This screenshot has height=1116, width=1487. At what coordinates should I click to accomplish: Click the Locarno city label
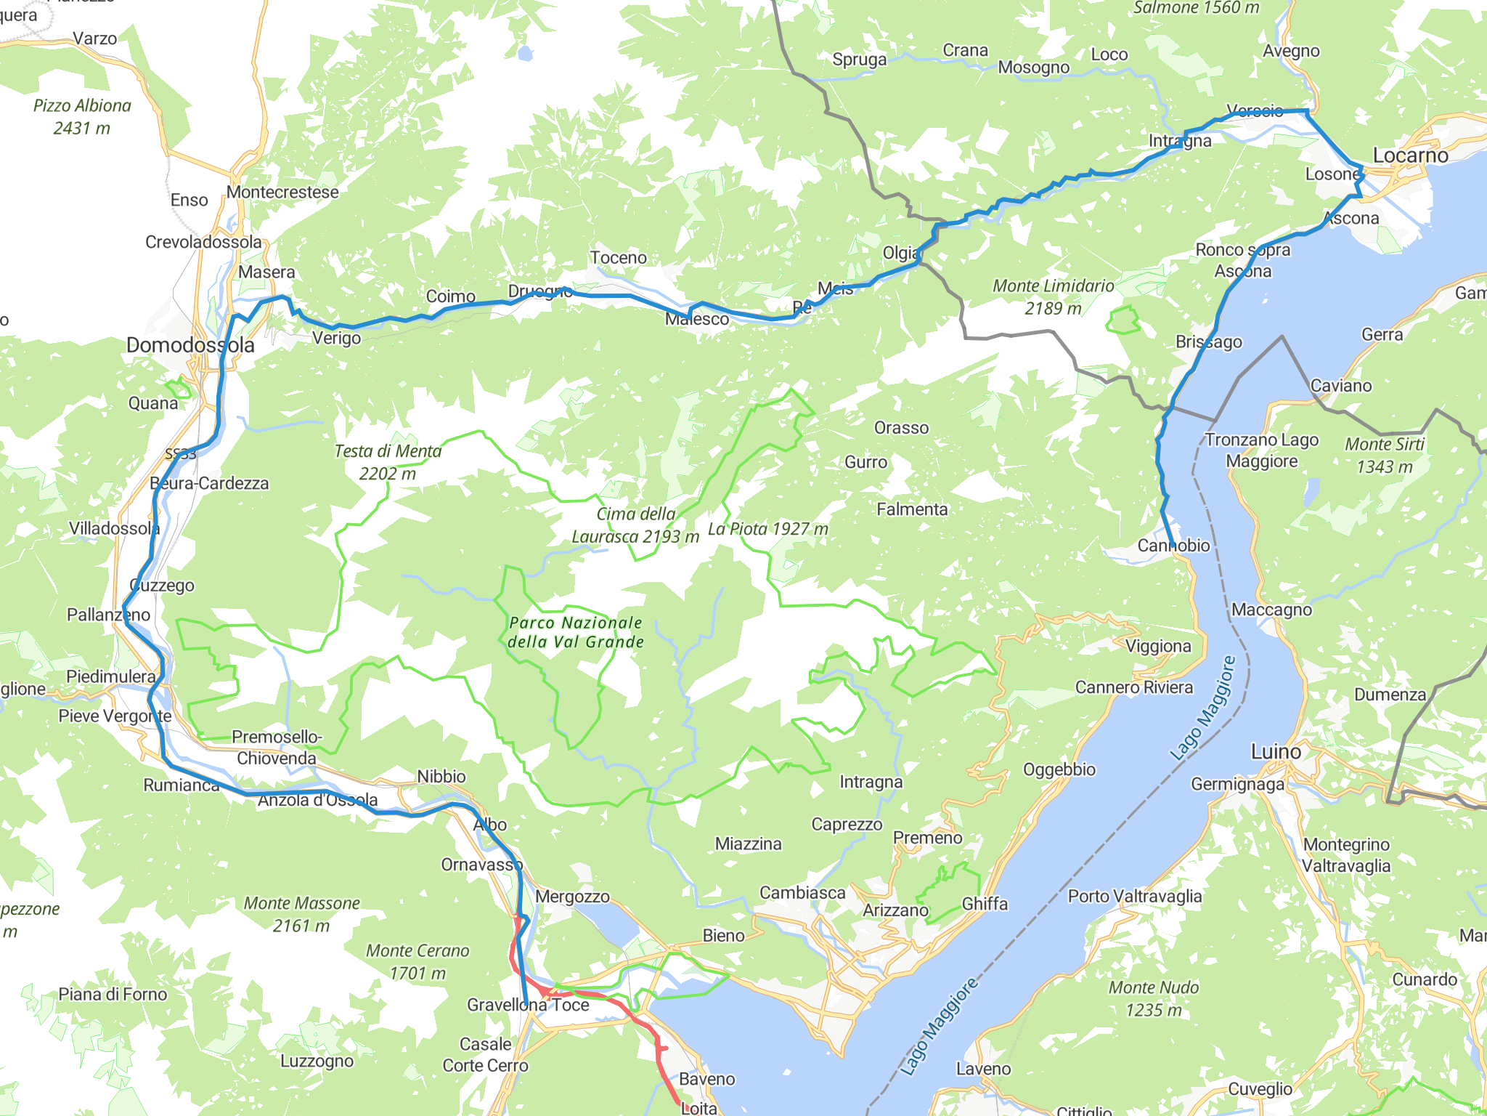[x=1410, y=155]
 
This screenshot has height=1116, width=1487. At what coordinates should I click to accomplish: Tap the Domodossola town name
[x=190, y=345]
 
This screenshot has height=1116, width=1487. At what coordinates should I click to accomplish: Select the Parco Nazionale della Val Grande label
[x=576, y=632]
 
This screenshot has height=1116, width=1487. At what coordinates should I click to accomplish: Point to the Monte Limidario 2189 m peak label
[x=1053, y=296]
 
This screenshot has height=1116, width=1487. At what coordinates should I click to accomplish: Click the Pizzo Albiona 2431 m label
[x=82, y=116]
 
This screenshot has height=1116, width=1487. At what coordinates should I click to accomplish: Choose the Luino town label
[x=1276, y=751]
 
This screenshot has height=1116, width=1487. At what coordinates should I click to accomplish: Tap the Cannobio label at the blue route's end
[x=1173, y=545]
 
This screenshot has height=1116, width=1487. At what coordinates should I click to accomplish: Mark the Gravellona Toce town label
[x=528, y=1005]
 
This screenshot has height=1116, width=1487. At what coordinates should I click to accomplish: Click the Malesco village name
[x=697, y=319]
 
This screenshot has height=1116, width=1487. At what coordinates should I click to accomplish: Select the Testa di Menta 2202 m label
[x=388, y=462]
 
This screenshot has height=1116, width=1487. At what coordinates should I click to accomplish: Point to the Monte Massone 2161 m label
[x=301, y=914]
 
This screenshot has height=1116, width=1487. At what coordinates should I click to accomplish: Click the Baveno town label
[x=706, y=1079]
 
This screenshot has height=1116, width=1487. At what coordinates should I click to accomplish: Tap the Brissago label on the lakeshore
[x=1208, y=341]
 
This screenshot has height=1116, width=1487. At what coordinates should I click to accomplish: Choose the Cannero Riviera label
[x=1133, y=687]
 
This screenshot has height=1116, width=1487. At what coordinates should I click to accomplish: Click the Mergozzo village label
[x=572, y=897]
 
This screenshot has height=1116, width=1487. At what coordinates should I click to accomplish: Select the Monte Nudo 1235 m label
[x=1153, y=998]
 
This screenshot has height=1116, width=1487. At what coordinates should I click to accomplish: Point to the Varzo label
[x=94, y=39]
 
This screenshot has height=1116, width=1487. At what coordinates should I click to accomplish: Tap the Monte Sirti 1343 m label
[x=1385, y=455]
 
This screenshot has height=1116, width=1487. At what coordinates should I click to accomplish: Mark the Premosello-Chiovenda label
[x=277, y=748]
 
